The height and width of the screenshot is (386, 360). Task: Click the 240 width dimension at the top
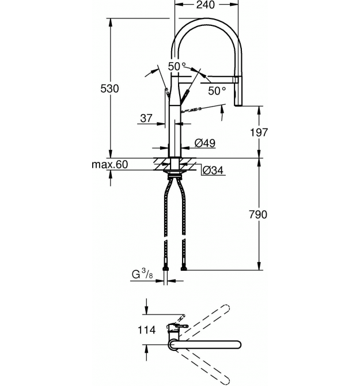[206, 5]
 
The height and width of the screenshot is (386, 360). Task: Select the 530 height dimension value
[109, 88]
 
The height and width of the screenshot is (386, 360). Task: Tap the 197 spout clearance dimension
[259, 133]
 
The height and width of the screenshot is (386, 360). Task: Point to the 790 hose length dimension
[258, 215]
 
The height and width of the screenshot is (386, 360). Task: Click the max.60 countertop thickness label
[110, 164]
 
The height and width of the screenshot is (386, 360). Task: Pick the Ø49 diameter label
[204, 143]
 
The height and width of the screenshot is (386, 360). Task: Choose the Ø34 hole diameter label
[213, 170]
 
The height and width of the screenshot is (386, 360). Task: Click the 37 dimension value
[146, 118]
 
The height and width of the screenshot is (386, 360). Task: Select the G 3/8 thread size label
[142, 274]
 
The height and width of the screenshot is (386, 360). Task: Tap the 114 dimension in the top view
[146, 330]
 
